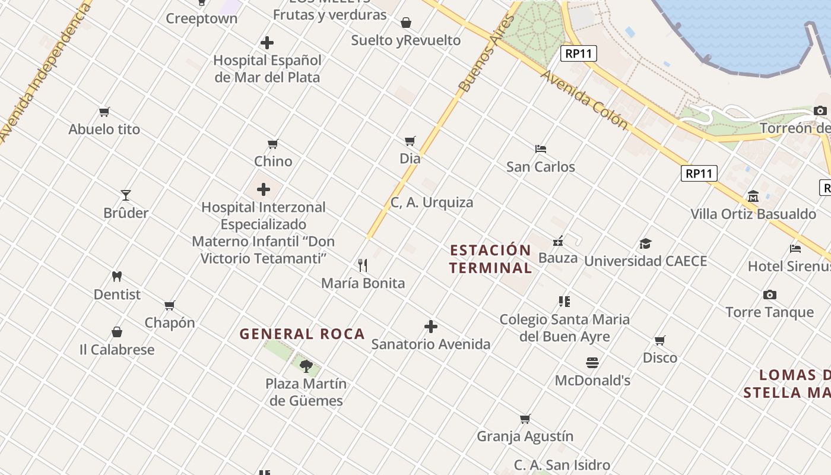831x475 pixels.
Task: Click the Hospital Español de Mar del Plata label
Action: click(x=267, y=68)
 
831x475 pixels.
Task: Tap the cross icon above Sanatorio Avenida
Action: click(x=431, y=327)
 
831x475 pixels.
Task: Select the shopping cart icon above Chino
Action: click(x=273, y=144)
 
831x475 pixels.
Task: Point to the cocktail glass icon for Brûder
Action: click(x=126, y=195)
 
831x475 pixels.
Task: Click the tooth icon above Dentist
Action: click(x=117, y=276)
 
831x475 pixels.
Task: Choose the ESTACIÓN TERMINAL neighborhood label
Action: click(x=490, y=259)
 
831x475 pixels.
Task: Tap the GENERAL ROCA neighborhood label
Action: click(x=302, y=334)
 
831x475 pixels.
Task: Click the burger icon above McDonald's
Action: click(x=592, y=362)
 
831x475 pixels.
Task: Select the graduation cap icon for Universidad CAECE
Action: click(x=645, y=243)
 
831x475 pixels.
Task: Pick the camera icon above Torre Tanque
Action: click(x=770, y=294)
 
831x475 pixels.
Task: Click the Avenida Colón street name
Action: click(x=584, y=100)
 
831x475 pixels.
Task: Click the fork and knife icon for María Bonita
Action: click(x=363, y=265)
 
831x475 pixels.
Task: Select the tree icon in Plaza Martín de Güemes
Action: click(x=306, y=366)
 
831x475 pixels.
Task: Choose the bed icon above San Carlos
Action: click(x=540, y=148)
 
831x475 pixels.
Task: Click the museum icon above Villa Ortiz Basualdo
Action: click(x=753, y=196)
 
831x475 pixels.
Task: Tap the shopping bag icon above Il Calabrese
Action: click(x=117, y=332)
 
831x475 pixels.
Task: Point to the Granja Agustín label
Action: click(x=525, y=436)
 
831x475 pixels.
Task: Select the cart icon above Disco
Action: click(x=659, y=340)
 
